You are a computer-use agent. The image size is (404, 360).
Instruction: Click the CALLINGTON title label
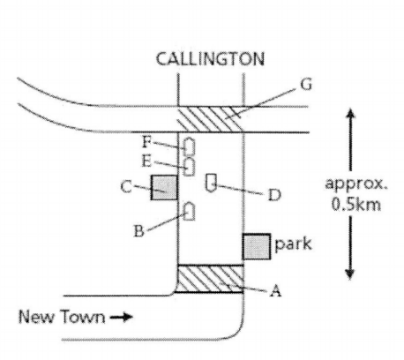210,59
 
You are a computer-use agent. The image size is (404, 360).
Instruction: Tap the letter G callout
306,85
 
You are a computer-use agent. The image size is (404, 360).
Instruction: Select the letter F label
146,142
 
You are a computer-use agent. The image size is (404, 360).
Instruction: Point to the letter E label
146,161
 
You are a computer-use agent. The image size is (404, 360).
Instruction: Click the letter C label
126,187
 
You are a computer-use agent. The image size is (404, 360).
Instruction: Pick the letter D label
274,195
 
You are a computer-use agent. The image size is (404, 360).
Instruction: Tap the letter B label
138,231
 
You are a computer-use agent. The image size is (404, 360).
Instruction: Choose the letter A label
275,291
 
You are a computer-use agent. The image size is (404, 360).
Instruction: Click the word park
293,244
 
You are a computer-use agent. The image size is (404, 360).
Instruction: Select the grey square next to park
257,246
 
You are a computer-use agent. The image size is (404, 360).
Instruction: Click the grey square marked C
164,187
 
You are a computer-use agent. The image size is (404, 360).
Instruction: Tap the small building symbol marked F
189,146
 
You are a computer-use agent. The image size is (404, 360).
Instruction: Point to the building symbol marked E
189,167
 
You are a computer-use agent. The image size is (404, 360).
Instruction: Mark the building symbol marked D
211,183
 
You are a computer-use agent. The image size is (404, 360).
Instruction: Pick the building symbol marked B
189,211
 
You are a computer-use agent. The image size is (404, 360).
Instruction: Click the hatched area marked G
211,119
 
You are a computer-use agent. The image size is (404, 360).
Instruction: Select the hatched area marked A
211,279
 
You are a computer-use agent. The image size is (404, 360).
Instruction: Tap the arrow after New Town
122,317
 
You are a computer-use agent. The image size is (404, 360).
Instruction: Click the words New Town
62,317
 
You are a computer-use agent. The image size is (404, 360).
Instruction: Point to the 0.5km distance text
356,204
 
